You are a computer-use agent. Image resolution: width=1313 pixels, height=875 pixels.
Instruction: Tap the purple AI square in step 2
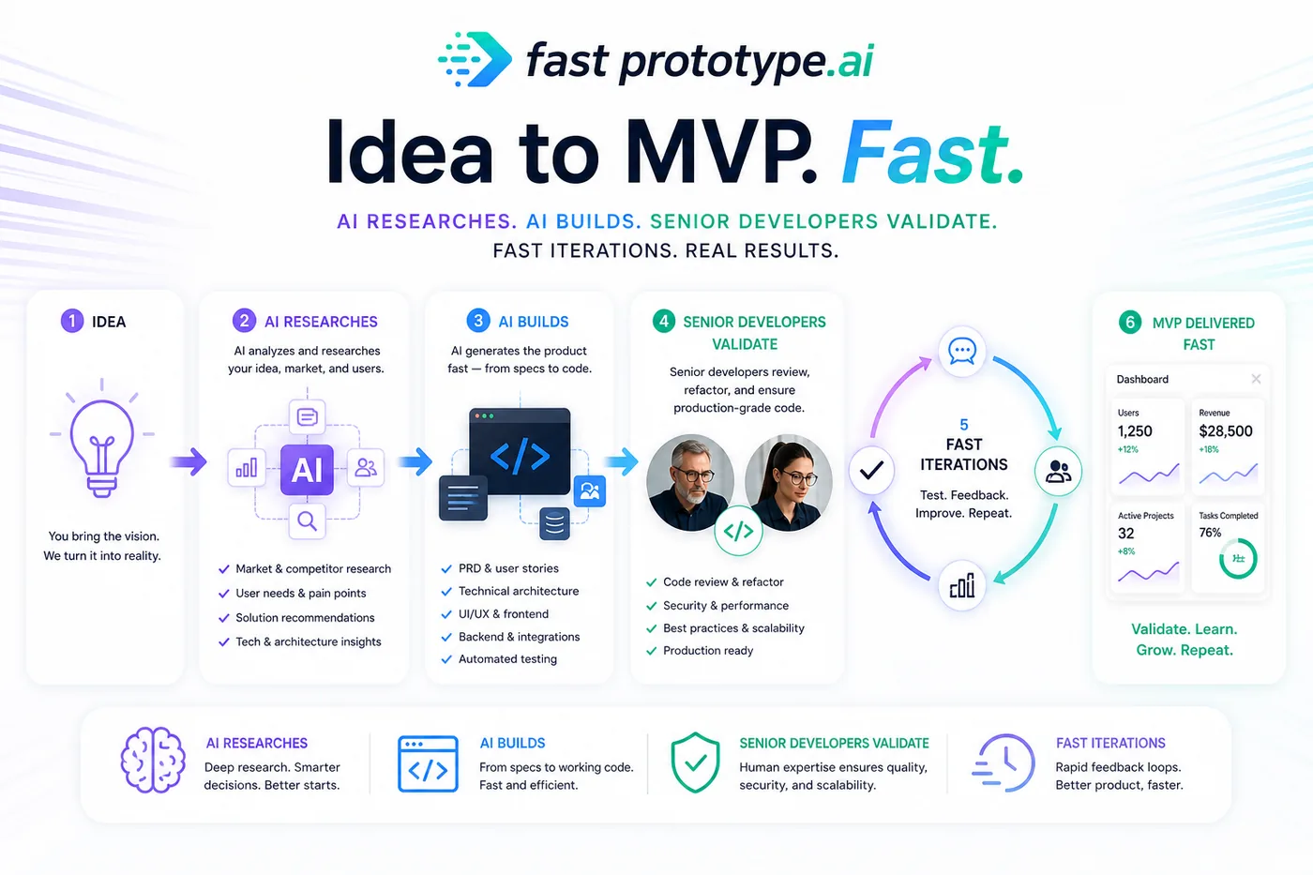308,470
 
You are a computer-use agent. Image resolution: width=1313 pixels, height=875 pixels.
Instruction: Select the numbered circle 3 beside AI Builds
478,321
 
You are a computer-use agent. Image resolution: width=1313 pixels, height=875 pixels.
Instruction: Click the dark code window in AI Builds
520,451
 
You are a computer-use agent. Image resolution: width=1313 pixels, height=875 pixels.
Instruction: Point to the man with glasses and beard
690,482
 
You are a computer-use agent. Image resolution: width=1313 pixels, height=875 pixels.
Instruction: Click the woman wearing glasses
789,482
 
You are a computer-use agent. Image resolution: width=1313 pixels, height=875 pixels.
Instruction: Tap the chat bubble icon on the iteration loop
962,351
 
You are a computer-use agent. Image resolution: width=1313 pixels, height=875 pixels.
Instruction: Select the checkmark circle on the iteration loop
871,470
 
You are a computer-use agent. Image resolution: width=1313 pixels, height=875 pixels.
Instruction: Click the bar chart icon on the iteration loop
962,586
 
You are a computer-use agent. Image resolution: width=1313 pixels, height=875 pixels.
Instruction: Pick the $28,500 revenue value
1226,431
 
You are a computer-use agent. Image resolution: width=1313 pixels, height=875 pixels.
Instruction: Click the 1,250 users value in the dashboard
1135,431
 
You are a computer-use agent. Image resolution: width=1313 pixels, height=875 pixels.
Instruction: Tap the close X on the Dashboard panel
1256,379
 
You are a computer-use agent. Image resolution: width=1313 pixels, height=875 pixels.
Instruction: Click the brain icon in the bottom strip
153,761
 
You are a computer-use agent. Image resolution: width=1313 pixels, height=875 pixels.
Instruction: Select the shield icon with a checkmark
695,762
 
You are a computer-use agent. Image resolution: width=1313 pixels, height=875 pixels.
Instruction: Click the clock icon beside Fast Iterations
1004,762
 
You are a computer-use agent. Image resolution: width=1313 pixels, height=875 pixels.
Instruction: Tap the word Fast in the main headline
932,152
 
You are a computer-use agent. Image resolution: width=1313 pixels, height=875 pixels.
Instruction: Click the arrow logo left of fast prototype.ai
475,59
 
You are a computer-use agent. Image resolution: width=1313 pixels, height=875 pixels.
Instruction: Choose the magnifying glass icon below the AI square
308,520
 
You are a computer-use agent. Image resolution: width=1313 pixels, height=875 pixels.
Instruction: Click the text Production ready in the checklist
708,651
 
